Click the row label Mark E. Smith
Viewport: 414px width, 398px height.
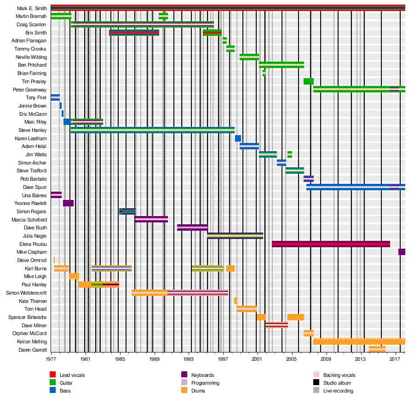[x=32, y=8]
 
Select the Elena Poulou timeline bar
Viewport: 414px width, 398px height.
[x=331, y=244]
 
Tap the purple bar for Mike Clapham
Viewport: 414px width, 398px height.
[x=402, y=252]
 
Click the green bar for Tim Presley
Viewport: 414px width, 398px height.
[x=308, y=81]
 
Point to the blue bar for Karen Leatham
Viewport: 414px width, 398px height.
[x=238, y=138]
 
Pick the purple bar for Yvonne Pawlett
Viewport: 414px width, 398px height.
[x=68, y=203]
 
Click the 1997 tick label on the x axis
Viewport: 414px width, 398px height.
[x=223, y=359]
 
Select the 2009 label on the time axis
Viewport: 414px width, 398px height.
[x=326, y=359]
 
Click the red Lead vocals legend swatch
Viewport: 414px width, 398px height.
[x=53, y=375]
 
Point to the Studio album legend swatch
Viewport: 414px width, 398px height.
[x=316, y=383]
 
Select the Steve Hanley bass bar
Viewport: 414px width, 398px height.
[x=152, y=130]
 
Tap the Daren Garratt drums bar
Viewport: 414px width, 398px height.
[x=377, y=349]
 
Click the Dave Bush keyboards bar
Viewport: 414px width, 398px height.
[x=192, y=227]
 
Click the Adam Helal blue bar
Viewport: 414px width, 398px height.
[x=249, y=146]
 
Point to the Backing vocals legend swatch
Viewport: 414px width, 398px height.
[x=316, y=375]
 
